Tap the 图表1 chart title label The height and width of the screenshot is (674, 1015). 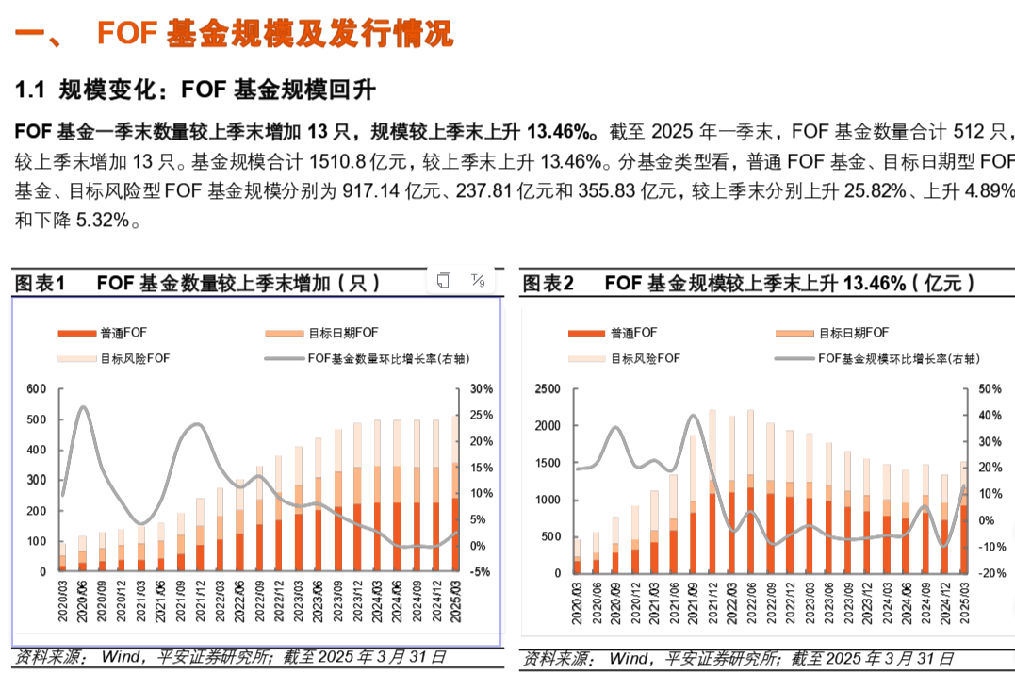[x=40, y=283]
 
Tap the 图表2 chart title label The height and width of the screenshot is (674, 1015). [x=548, y=283]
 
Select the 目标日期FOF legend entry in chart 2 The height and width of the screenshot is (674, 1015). [x=831, y=333]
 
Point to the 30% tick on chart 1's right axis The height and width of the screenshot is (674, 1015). [x=481, y=389]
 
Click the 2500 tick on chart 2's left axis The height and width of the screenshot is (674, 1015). [x=548, y=389]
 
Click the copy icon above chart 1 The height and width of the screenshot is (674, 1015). [x=444, y=280]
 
